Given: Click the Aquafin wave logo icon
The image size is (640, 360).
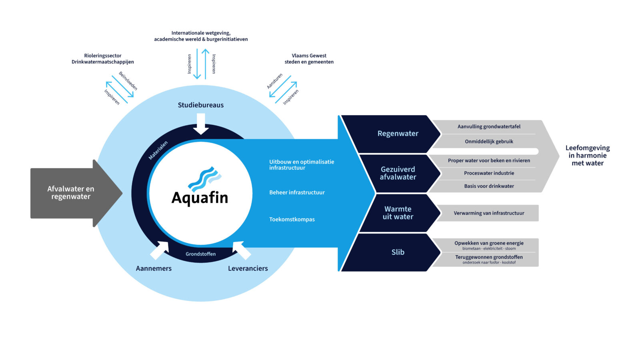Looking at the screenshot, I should coord(204,179).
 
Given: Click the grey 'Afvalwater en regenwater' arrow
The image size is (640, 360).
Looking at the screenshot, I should coord(71,193).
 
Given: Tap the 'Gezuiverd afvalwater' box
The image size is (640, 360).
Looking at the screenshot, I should coord(398,173).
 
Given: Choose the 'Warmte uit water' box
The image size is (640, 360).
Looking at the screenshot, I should coord(398,213).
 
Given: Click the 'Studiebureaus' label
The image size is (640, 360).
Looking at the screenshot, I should coord(201,105).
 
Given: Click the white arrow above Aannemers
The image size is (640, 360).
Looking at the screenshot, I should coord(160,250).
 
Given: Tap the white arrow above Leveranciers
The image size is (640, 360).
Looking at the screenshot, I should coord(241,250).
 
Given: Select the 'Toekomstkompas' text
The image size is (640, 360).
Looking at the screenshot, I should coord(292,219).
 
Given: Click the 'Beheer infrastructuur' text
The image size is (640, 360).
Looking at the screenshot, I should coord(297,192).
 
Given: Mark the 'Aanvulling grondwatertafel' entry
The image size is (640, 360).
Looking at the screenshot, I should coord(489,127).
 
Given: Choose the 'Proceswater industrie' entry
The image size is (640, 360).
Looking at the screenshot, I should coord(489,173).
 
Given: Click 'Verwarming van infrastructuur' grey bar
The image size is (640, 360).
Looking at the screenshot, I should coord(489,213).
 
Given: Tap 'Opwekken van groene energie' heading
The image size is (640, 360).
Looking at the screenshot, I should coord(489,243).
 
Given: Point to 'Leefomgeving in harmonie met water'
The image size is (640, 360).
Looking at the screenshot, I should coord(587,156).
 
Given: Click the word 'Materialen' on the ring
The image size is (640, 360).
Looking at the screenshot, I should coord(158,150).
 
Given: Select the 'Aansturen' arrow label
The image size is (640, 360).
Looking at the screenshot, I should coord(275,81).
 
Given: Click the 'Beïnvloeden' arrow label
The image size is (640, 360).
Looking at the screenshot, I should coord(128,81).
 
